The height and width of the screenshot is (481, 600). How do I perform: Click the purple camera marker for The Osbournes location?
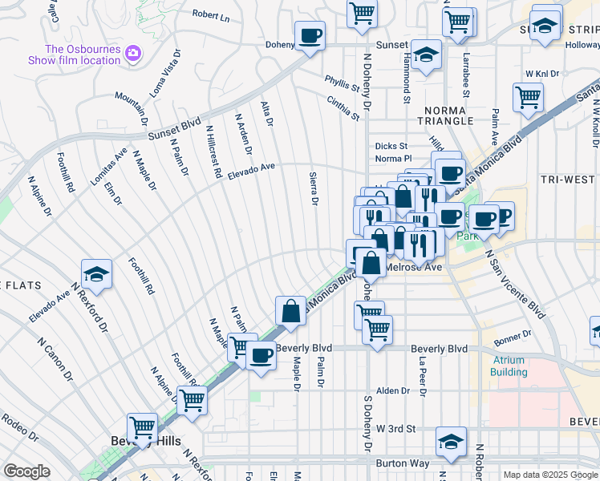tap(133, 54)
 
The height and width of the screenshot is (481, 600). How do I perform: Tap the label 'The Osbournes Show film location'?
tap(82, 55)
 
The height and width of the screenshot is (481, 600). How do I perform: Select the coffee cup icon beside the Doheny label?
tap(310, 36)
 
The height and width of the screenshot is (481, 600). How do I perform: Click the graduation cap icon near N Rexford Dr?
tap(95, 275)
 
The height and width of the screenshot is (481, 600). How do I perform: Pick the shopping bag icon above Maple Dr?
tap(290, 311)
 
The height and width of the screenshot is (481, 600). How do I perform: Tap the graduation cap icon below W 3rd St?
tap(451, 442)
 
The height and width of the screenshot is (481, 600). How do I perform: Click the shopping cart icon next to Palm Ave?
tap(528, 98)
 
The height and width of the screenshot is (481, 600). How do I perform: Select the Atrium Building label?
tap(509, 366)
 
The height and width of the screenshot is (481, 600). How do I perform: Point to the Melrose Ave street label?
tap(414, 267)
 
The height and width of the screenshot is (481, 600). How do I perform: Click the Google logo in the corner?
tap(26, 471)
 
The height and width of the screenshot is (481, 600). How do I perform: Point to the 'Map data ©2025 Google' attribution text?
tap(550, 475)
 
